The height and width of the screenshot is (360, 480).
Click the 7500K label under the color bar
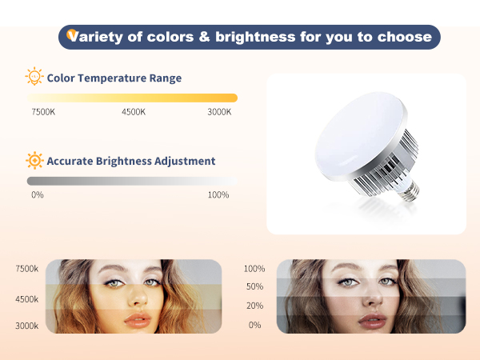[43, 111]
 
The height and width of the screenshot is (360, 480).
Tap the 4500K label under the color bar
[134, 111]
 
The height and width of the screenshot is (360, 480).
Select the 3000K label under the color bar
[219, 111]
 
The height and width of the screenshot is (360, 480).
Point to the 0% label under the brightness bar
[37, 194]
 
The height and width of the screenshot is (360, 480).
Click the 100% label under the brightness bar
[218, 194]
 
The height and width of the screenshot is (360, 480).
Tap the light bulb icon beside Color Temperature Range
[34, 78]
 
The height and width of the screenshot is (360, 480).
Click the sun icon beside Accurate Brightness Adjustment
[34, 161]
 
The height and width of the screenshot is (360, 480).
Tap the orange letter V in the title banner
[73, 36]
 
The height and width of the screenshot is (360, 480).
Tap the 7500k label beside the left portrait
[26, 269]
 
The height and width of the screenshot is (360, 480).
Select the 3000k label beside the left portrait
[26, 326]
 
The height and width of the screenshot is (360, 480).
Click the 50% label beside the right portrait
[254, 286]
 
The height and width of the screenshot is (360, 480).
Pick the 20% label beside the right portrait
[254, 306]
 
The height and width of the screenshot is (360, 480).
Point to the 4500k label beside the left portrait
[26, 298]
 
